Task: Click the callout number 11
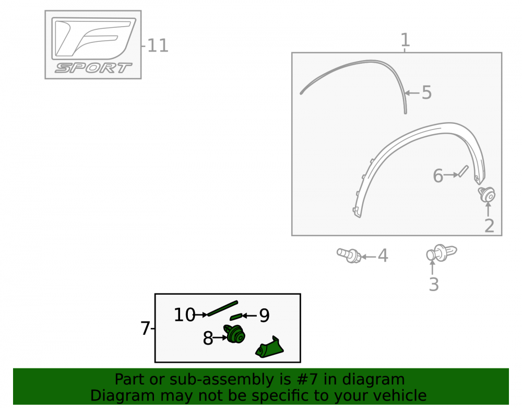[158, 45]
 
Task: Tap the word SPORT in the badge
[93, 68]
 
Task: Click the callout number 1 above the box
[405, 40]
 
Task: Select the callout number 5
[426, 92]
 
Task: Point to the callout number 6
[438, 176]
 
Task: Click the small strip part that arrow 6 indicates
[463, 171]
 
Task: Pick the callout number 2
[489, 226]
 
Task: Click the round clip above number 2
[487, 194]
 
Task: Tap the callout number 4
[383, 255]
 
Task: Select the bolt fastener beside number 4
[349, 255]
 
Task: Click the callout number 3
[433, 284]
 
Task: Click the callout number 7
[145, 329]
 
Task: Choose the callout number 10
[184, 314]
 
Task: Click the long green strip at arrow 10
[222, 308]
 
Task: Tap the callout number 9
[264, 316]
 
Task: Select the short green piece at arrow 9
[236, 317]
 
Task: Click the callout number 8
[208, 339]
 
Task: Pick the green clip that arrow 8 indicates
[235, 334]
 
